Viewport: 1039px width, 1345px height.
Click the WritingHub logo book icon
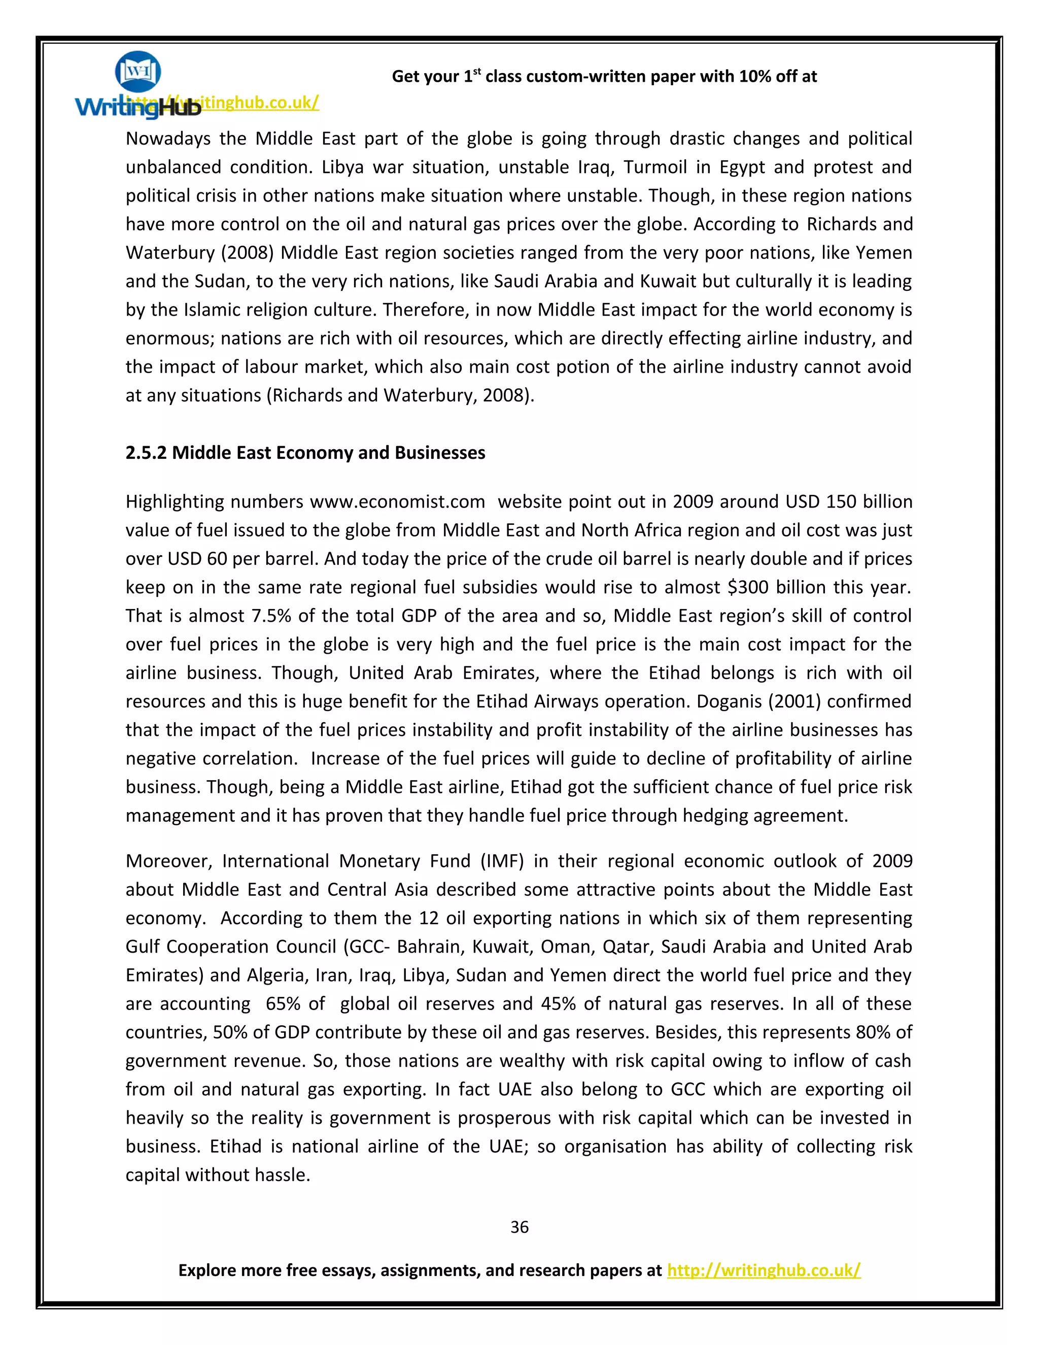pos(138,73)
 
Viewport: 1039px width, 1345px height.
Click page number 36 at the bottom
pos(519,1227)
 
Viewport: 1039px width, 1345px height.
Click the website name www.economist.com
pos(397,501)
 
